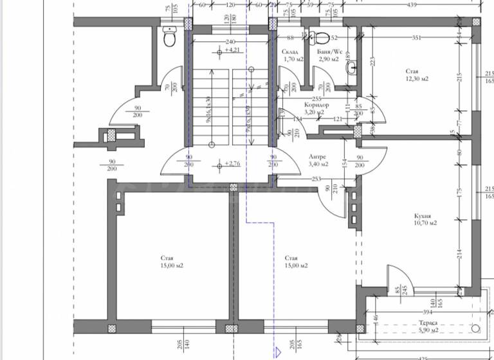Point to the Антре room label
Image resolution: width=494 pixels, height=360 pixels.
point(317,156)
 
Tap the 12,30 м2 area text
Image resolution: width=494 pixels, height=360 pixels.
point(417,78)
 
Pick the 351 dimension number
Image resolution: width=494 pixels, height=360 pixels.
point(416,38)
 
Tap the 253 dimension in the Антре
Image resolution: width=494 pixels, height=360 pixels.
point(316,179)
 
